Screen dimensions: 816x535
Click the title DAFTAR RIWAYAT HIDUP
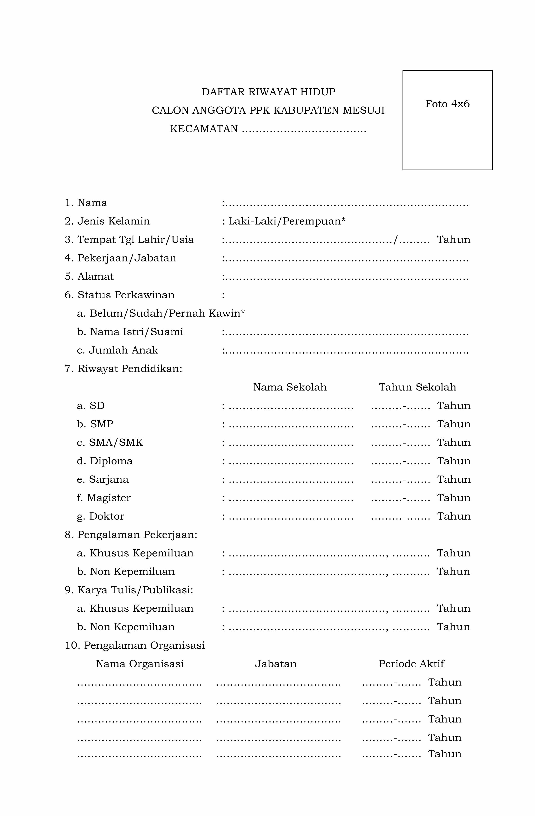[x=268, y=92]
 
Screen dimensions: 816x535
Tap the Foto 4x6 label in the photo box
[x=447, y=104]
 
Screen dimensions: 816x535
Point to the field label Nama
[x=92, y=203]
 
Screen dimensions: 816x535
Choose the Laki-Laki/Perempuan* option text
[x=286, y=221]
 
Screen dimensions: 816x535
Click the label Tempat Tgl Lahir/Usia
[x=135, y=240]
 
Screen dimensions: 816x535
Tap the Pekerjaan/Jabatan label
[x=127, y=258]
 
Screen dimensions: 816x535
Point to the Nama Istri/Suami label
[x=136, y=332]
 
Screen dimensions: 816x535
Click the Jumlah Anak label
[x=123, y=350]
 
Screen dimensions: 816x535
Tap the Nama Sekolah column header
[x=290, y=387]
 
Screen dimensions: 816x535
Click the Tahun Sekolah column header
[x=417, y=387]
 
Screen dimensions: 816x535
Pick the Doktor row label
[x=106, y=516]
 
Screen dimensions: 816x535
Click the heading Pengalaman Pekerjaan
[x=137, y=535]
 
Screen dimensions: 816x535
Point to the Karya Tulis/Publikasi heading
[x=135, y=590]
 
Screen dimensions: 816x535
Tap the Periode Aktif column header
[x=411, y=664]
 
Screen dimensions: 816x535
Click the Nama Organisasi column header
[x=140, y=664]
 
